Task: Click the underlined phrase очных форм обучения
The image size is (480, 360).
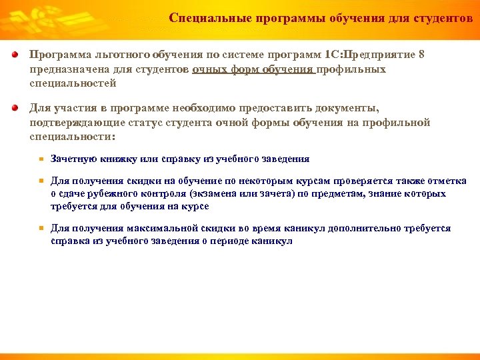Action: click(x=253, y=69)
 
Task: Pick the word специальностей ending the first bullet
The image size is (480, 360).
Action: click(x=73, y=83)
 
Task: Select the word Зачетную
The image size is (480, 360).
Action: click(x=73, y=159)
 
